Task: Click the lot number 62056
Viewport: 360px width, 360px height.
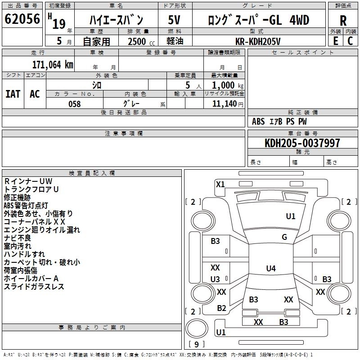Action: (x=22, y=19)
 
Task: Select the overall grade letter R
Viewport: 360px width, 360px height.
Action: (x=343, y=21)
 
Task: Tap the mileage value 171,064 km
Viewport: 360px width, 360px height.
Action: (x=53, y=64)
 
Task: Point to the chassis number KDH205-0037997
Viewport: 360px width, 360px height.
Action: (x=302, y=143)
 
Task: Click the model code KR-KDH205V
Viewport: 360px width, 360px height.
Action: (x=258, y=41)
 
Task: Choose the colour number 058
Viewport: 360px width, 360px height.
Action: (x=74, y=104)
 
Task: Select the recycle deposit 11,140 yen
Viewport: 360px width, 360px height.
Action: (x=228, y=104)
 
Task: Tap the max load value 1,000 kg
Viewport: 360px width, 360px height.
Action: (x=228, y=85)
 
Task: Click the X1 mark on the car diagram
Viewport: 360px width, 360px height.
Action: (x=220, y=184)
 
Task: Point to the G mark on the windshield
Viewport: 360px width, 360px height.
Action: (x=284, y=237)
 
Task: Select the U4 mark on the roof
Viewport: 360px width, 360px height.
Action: (x=271, y=268)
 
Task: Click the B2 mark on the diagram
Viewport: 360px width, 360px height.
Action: (x=221, y=308)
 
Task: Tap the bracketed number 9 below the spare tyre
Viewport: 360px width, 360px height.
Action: (x=196, y=344)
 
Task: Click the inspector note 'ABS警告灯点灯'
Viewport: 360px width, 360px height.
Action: (x=26, y=206)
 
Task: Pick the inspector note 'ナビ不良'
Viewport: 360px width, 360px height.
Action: (x=17, y=238)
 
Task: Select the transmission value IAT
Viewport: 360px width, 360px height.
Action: (x=13, y=94)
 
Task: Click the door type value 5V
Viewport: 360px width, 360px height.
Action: (x=174, y=20)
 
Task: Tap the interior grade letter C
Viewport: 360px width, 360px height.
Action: (x=350, y=41)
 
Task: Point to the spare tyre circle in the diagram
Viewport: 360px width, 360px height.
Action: (x=197, y=328)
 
